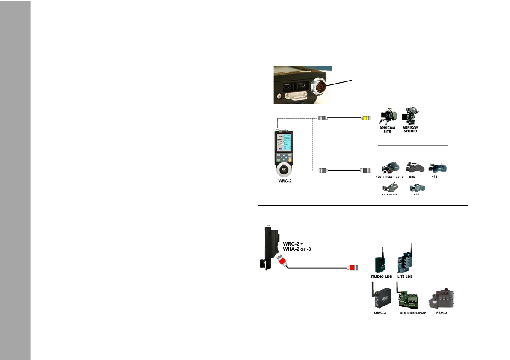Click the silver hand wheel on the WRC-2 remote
pyautogui.click(x=283, y=171)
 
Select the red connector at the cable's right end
pyautogui.click(x=353, y=269)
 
